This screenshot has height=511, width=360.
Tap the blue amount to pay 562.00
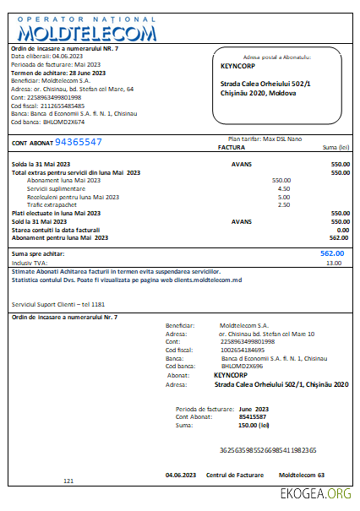[331, 253]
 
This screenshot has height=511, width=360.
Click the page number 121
[68, 481]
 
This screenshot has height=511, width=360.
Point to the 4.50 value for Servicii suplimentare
[284, 188]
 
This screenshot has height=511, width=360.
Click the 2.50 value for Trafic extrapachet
[284, 204]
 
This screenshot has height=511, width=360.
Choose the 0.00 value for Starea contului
[342, 230]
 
